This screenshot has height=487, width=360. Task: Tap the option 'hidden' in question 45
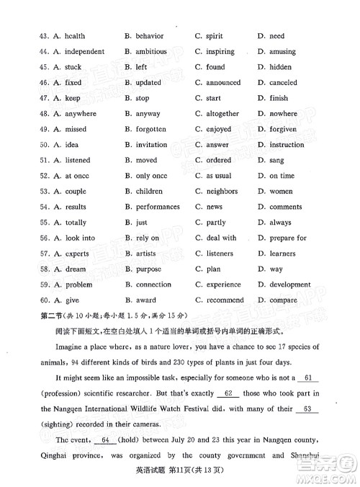point(281,67)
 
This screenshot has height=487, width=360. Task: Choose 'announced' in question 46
point(223,83)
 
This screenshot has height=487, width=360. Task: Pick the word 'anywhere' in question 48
point(80,114)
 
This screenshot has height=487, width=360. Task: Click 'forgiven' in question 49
point(283,130)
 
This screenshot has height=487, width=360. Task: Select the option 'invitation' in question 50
point(151,145)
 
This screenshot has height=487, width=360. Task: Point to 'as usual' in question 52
point(219,176)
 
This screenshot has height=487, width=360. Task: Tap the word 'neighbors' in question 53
point(222,192)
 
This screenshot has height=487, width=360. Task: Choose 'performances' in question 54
point(158,207)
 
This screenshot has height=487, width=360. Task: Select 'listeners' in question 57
point(220,254)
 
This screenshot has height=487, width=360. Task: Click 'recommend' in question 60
point(225,300)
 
